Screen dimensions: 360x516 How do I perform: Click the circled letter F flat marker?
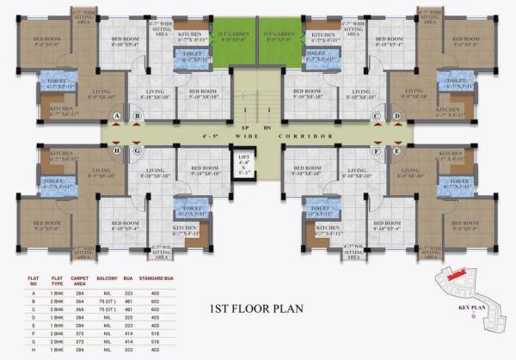[376, 151]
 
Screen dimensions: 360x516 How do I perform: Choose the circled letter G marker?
[137, 151]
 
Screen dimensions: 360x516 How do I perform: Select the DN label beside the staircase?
[267, 127]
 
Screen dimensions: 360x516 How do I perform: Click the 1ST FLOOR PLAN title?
[258, 307]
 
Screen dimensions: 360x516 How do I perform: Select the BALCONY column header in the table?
[107, 278]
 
